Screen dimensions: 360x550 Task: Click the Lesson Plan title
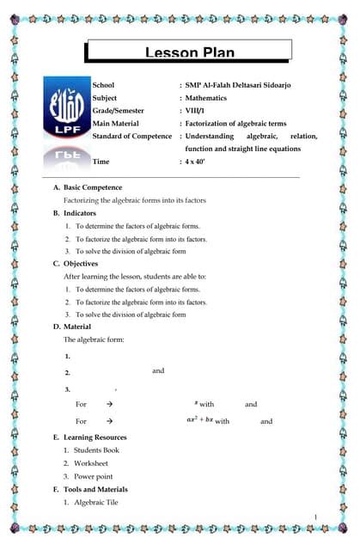pos(188,53)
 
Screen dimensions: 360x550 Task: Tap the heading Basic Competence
pos(92,186)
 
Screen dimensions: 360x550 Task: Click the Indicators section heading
pos(79,212)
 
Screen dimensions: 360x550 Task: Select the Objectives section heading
pos(80,264)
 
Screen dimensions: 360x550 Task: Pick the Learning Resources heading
pos(95,437)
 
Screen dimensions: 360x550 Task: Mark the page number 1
pos(316,516)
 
